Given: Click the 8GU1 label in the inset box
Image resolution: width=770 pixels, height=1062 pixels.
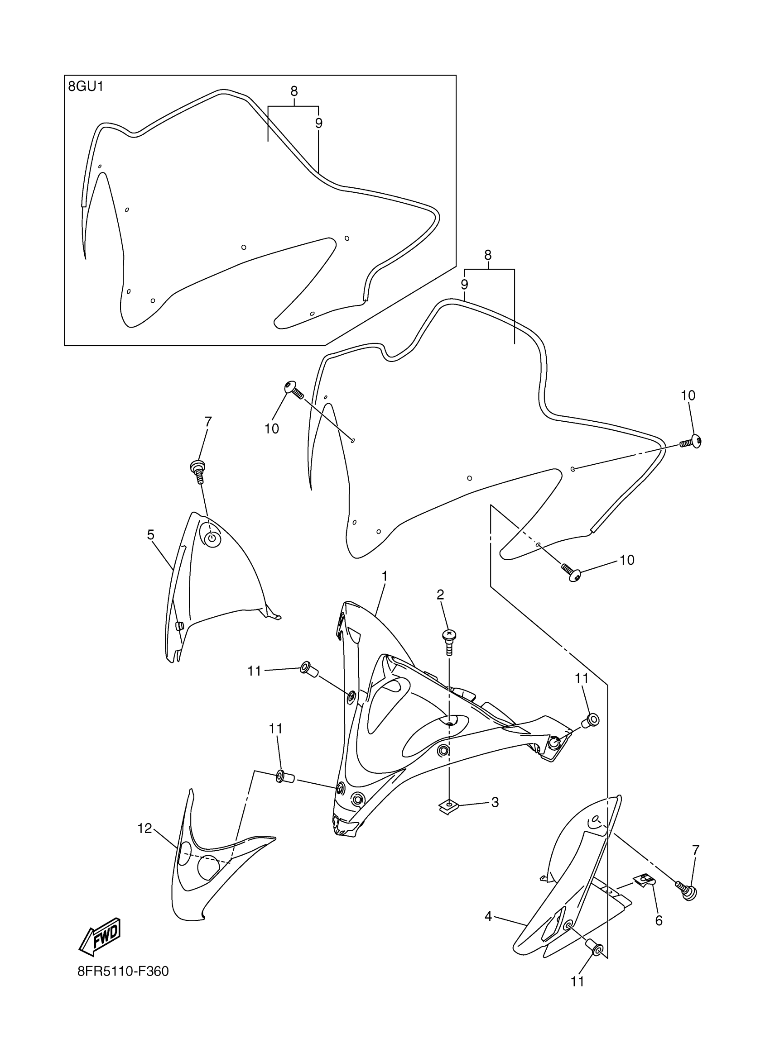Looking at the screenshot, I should pyautogui.click(x=86, y=87).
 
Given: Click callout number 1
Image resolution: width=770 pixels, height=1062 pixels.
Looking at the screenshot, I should pyautogui.click(x=384, y=576).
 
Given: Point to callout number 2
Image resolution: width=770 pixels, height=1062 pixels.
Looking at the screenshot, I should pyautogui.click(x=440, y=595).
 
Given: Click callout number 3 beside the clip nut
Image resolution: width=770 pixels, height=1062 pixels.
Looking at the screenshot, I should pyautogui.click(x=495, y=802).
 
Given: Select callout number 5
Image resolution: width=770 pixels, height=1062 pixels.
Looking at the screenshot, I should pyautogui.click(x=150, y=535).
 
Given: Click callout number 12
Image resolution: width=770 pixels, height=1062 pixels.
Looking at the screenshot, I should pyautogui.click(x=144, y=829).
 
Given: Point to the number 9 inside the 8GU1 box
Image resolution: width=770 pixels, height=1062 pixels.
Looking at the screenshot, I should pyautogui.click(x=319, y=123).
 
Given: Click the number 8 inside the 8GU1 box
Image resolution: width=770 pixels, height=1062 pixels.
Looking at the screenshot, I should pyautogui.click(x=294, y=91).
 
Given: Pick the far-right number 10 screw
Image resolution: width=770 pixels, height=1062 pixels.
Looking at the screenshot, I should pyautogui.click(x=693, y=442).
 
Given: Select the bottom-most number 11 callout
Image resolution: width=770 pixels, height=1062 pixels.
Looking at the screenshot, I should pyautogui.click(x=577, y=981).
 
